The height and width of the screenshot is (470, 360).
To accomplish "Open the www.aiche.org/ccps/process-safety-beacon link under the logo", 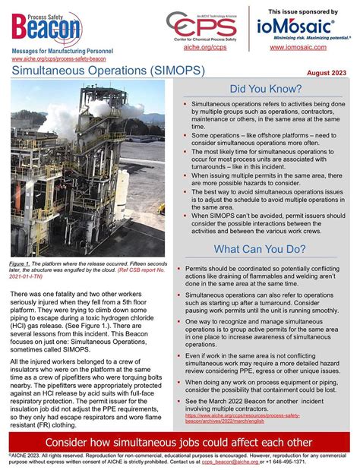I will point(58,58).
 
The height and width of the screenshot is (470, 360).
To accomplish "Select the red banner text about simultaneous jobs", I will point(179,443).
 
